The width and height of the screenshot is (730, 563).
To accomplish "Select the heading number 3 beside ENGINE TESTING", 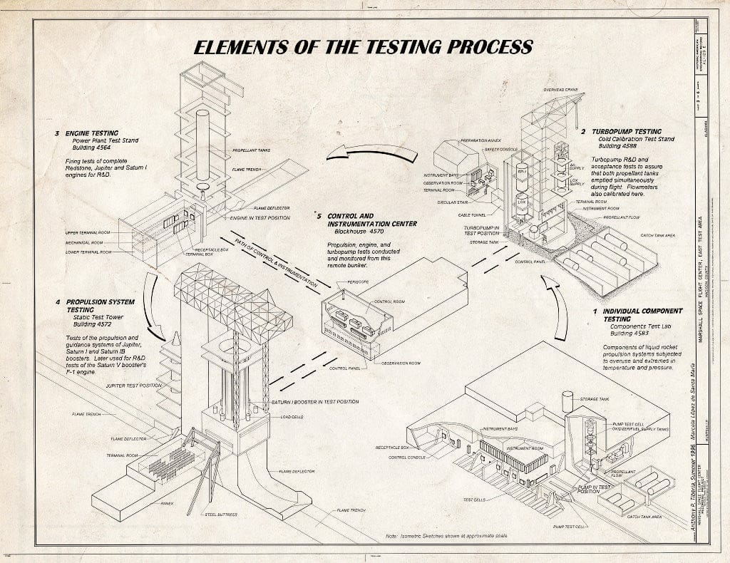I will pos(56,133).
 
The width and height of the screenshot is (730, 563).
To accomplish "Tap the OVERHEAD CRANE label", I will pos(560,90).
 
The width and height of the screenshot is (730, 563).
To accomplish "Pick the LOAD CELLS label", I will pos(292,417).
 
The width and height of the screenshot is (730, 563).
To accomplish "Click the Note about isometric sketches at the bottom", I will pos(446,534).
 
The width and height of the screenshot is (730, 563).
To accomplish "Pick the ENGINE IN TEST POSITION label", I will pos(259,217).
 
